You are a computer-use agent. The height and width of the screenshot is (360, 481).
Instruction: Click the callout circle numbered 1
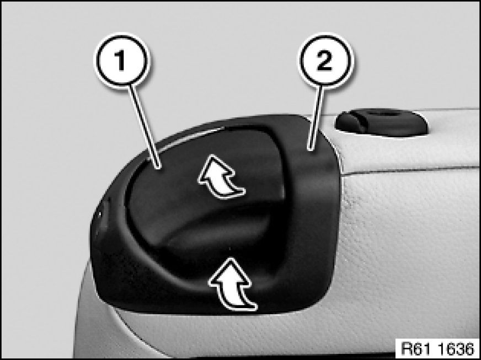click(x=122, y=60)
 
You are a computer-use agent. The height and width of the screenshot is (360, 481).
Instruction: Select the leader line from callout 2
click(x=317, y=119)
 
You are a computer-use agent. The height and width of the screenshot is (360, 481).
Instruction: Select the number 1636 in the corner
click(x=456, y=348)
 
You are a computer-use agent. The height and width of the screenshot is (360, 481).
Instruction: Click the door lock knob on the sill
click(x=381, y=122)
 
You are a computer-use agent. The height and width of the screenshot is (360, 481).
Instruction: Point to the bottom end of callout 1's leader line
click(x=159, y=168)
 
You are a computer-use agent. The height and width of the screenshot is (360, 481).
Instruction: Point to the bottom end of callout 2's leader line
click(x=310, y=151)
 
